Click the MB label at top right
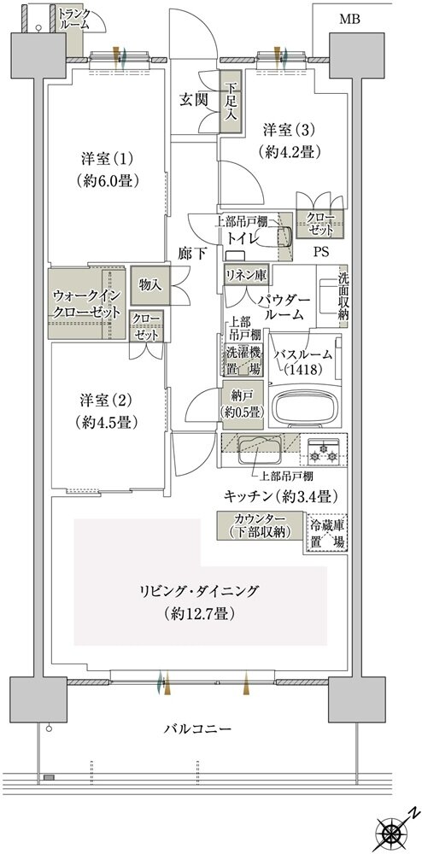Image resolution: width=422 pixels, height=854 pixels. pos(349,19)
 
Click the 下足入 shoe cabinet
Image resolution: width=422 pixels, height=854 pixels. pos(231,105)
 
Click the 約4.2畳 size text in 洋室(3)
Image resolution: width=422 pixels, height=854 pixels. pos(288,150)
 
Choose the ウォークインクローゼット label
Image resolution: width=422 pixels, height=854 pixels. pos(83,304)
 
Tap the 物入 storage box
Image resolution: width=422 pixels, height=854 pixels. pos(150,286)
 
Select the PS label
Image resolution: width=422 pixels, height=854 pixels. pos(320,253)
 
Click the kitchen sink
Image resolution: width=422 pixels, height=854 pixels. pos(260,447)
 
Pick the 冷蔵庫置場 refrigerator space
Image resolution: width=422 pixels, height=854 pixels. pos(327,535)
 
